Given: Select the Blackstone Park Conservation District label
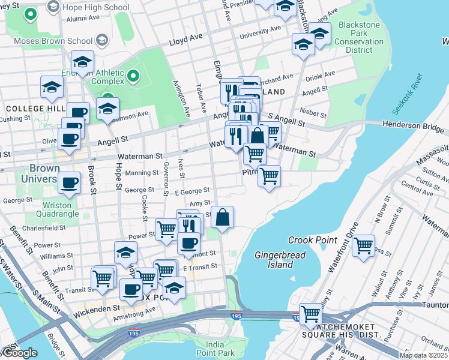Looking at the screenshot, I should click(360, 37).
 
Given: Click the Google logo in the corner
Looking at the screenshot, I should click(19, 353).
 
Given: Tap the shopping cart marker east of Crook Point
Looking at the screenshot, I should click(363, 245).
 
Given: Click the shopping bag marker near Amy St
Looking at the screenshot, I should click(222, 217).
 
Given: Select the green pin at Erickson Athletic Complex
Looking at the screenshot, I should click(133, 77).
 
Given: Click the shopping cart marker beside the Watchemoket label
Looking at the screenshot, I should click(310, 314).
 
